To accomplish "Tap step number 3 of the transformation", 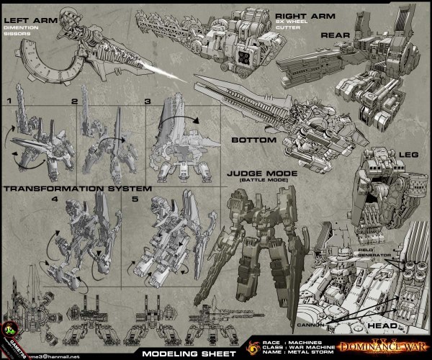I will (149, 102).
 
